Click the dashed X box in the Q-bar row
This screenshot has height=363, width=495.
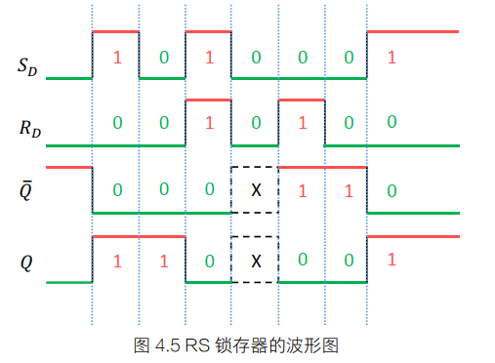(x=256, y=190)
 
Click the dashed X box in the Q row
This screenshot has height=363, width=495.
(x=256, y=261)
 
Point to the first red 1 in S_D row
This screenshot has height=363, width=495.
(x=117, y=58)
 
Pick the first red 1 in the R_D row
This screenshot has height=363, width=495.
(x=209, y=124)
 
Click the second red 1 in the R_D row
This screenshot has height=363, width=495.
(x=302, y=124)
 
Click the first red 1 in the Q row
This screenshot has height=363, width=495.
(x=117, y=261)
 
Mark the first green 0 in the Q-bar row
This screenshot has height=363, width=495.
(x=117, y=190)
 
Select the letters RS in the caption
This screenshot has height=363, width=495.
(x=198, y=345)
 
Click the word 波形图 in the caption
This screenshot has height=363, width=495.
(x=315, y=345)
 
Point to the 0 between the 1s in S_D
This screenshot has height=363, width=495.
(x=163, y=58)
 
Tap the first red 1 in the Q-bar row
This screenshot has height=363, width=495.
(x=302, y=190)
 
